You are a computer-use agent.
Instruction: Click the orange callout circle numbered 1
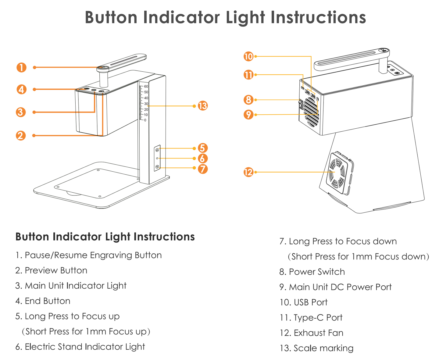coord(21,67)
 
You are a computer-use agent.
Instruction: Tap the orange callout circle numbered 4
coord(21,90)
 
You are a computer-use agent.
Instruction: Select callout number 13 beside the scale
coord(203,106)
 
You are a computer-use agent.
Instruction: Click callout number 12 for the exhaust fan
coord(248,172)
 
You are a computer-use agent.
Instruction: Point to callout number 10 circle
coord(248,56)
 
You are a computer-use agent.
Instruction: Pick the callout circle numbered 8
coord(248,100)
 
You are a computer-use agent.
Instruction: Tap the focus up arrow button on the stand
coord(157,150)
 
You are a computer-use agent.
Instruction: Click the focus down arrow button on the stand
coord(157,167)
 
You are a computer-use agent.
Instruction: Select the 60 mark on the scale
coord(146,87)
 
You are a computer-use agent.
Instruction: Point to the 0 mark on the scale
coord(145,120)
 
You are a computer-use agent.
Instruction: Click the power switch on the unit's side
coord(300,105)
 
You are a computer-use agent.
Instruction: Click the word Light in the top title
coord(246,18)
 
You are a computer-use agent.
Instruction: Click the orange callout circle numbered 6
coord(203,159)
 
